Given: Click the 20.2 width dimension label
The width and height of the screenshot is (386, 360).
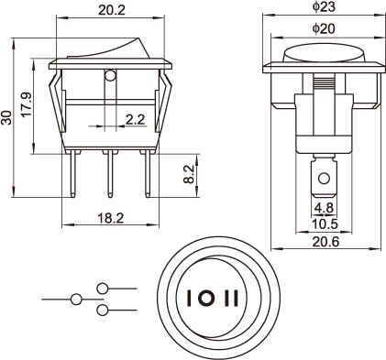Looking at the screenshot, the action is point(112,10).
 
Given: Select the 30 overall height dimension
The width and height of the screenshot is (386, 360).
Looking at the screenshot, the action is point(6,117).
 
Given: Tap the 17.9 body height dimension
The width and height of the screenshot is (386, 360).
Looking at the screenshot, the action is point(27,104).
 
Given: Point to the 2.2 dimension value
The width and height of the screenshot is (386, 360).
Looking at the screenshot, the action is point(135,119).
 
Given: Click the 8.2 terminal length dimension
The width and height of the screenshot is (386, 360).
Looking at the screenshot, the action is point(189,174).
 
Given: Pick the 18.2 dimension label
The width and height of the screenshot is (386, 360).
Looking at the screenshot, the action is point(111,218).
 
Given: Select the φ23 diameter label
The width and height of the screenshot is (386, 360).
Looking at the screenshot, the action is point(324,6).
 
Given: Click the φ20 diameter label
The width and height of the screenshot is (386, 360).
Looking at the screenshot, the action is point(324,28).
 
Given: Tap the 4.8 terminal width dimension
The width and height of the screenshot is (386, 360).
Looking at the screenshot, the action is point(324,208).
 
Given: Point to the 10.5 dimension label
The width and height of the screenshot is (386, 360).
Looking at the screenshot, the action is point(325,224).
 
